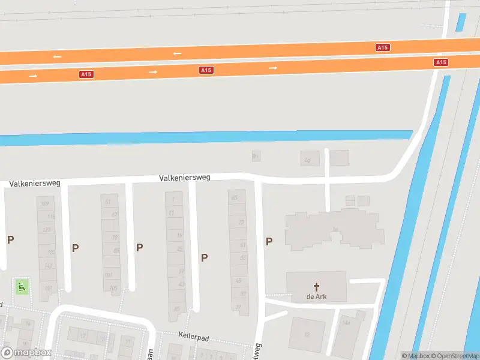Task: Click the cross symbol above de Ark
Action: (x=316, y=287)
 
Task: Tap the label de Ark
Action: (x=316, y=296)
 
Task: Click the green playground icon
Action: (x=22, y=287)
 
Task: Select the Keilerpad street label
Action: (x=193, y=338)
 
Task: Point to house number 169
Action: (x=44, y=204)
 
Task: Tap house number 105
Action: (x=113, y=288)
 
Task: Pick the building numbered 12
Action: (x=307, y=334)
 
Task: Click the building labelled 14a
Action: (x=346, y=323)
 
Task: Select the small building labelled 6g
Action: (x=308, y=160)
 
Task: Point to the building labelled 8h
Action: (x=256, y=157)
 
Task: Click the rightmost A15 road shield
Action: (x=441, y=62)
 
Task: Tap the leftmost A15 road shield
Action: (x=86, y=74)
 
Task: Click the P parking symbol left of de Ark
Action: (x=269, y=241)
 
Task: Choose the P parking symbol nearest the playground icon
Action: (x=10, y=239)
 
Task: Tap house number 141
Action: (x=49, y=266)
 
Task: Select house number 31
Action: (x=238, y=307)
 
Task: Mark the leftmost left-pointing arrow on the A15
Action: (x=57, y=56)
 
